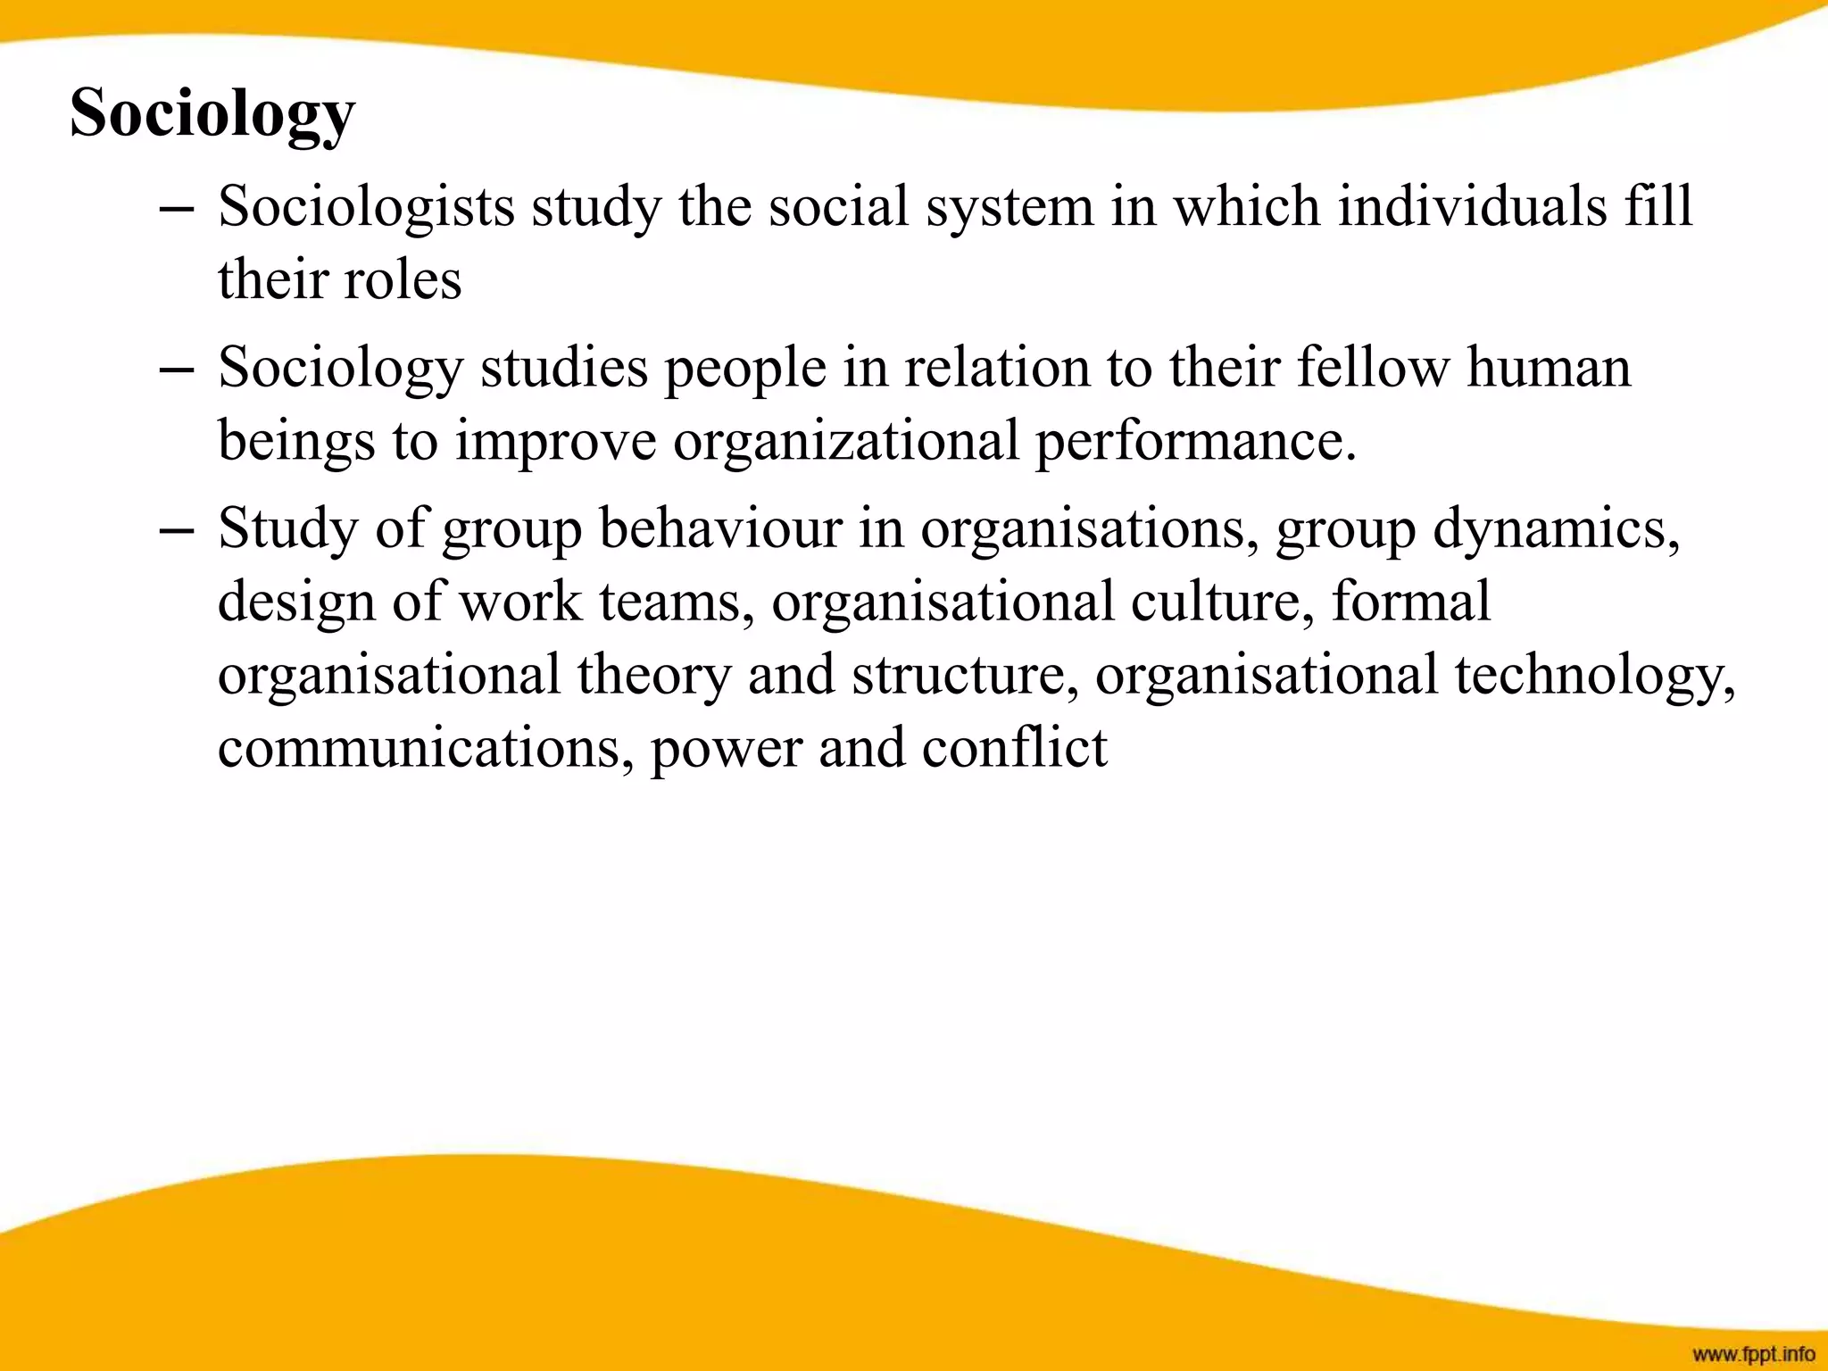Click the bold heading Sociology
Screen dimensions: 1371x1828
(212, 114)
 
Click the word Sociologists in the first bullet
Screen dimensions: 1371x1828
(367, 207)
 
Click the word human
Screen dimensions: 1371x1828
(1549, 368)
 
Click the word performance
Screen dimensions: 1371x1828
(1195, 441)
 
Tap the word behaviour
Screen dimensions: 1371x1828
(720, 528)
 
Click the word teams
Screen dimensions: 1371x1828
(670, 602)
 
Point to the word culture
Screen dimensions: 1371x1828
(1223, 602)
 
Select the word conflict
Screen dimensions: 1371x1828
(1015, 748)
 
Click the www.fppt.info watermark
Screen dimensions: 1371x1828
(1753, 1354)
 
